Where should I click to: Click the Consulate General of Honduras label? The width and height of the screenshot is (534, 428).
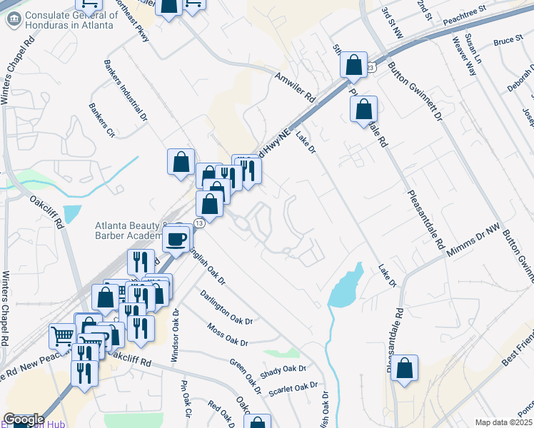pos(69,20)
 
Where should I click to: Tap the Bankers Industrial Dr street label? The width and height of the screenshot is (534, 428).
pos(126,88)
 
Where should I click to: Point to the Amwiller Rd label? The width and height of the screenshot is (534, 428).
pos(294,85)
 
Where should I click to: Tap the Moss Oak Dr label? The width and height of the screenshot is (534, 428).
pos(227,335)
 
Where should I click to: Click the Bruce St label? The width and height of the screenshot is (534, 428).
pos(508,42)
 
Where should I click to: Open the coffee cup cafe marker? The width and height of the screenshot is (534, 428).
pos(176,238)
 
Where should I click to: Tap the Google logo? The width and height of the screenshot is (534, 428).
pos(24,419)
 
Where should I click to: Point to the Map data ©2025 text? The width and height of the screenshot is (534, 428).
pos(503,422)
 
